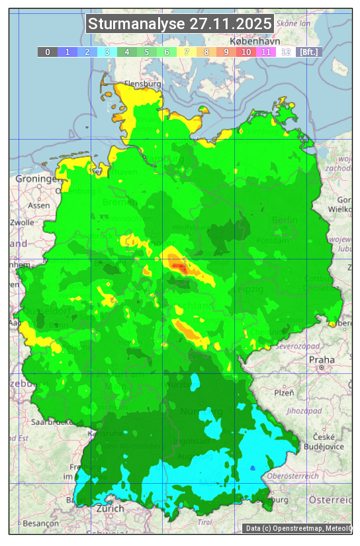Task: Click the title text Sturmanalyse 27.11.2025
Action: point(180,24)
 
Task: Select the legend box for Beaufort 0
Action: point(47,52)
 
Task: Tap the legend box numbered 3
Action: point(107,52)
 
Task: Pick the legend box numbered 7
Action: point(186,52)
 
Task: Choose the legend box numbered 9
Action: point(226,52)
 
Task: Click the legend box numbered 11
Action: point(265,52)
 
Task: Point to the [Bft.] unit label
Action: point(308,52)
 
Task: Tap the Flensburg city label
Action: point(142,85)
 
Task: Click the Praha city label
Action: point(321,359)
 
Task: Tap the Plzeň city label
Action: point(284,392)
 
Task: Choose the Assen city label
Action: point(39,205)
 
